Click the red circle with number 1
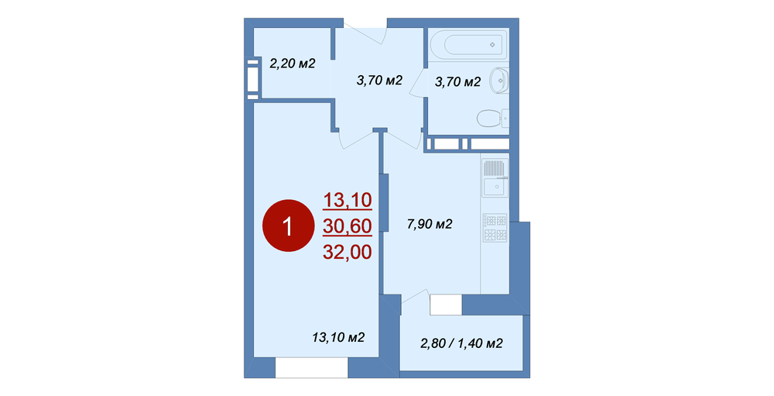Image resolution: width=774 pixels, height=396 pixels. [288, 226]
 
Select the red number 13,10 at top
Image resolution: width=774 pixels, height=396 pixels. [348, 200]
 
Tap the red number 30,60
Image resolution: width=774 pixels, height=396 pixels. [348, 226]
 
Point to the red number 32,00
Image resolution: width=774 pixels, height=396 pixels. [348, 252]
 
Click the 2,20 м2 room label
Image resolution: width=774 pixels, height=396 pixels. [293, 64]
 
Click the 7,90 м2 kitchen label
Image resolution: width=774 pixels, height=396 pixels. [430, 225]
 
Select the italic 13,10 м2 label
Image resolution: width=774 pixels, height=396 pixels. [338, 338]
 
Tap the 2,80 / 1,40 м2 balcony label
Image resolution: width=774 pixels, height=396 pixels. [461, 343]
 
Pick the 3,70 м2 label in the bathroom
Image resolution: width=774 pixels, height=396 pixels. [457, 82]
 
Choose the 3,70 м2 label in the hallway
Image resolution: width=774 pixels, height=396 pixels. [379, 80]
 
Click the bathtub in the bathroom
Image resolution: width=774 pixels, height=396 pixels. [468, 45]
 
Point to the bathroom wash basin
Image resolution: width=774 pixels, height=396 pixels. [499, 80]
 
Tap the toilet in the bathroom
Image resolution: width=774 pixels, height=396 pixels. [492, 118]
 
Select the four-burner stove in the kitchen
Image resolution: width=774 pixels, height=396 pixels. [495, 227]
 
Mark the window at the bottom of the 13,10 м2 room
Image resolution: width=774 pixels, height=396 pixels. [312, 368]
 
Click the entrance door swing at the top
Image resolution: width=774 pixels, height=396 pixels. [365, 32]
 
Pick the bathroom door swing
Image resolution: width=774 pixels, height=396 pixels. [418, 83]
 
